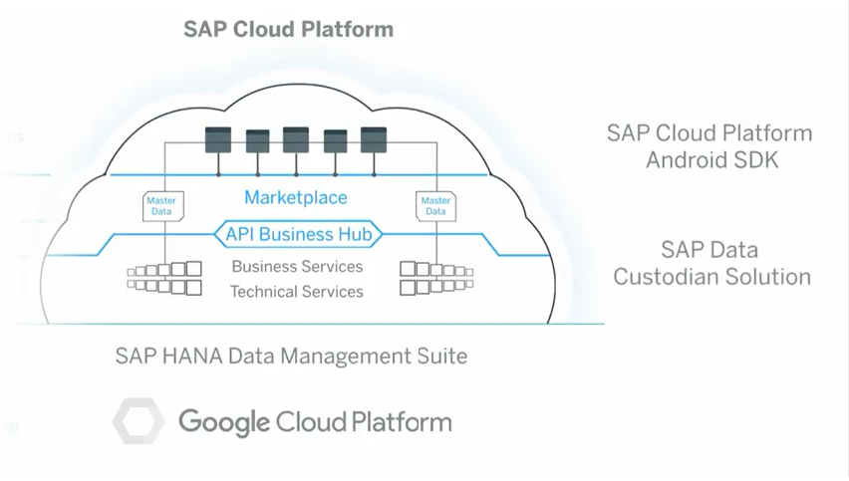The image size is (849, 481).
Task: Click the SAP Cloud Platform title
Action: [x=288, y=29]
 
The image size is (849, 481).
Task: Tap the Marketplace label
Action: [x=296, y=197]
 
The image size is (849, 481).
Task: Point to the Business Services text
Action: [x=297, y=267]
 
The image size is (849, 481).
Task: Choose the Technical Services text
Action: [x=297, y=292]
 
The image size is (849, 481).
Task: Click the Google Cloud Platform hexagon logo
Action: [x=138, y=421]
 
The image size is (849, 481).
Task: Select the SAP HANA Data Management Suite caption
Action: [x=291, y=356]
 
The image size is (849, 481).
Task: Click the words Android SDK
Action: [x=709, y=159]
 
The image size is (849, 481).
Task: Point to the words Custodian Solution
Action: [x=711, y=276]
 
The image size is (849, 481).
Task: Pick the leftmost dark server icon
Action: [x=217, y=139]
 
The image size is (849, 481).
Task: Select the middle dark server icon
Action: [x=296, y=139]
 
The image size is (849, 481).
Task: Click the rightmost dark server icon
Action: [x=373, y=139]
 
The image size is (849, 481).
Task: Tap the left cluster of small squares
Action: [x=164, y=278]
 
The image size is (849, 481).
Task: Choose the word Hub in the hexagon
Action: [x=355, y=235]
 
